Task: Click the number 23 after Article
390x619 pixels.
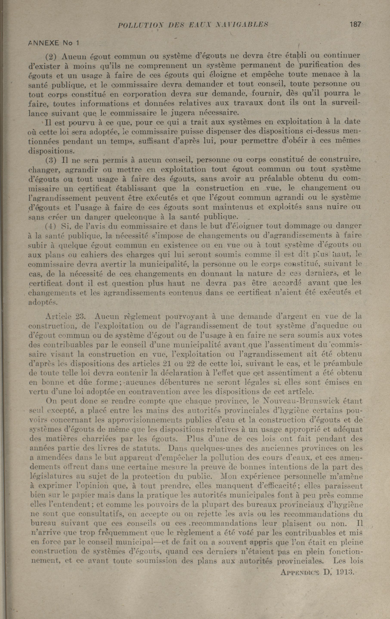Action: (76, 316)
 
